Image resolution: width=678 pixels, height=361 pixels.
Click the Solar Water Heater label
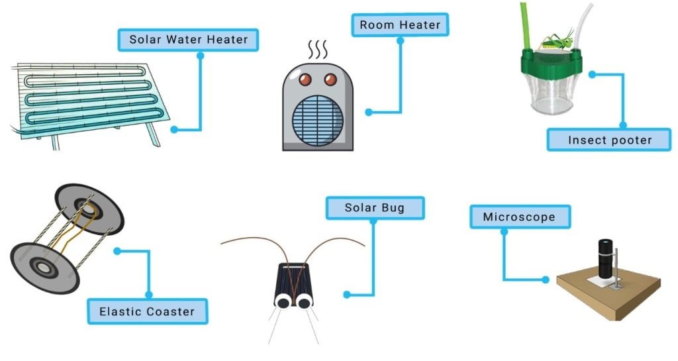188,40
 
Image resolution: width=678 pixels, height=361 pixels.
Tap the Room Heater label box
399,26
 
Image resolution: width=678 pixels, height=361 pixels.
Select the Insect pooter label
610,140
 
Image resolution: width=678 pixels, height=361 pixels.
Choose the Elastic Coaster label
147,311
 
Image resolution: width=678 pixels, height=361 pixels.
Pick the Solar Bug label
374,208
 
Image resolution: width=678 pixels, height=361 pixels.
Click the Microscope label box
518,217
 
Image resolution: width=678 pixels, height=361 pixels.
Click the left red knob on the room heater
305,81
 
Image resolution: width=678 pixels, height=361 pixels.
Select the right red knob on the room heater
329,81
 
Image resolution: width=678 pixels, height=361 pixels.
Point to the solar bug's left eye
282,301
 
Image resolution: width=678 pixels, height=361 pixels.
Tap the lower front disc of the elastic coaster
45,266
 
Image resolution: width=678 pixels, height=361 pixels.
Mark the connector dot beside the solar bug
346,293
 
